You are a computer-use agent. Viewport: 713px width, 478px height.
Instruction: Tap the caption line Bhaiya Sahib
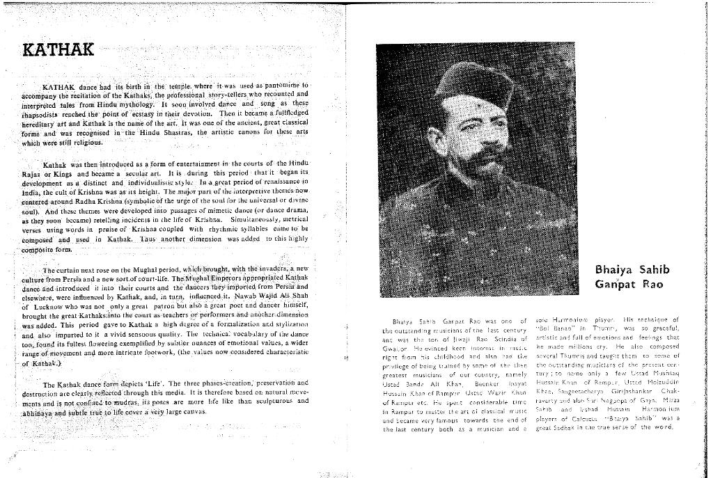pyautogui.click(x=631, y=269)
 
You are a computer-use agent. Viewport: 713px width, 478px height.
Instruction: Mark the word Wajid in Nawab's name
pyautogui.click(x=259, y=295)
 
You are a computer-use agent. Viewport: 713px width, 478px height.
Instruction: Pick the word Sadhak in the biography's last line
pyautogui.click(x=565, y=428)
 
